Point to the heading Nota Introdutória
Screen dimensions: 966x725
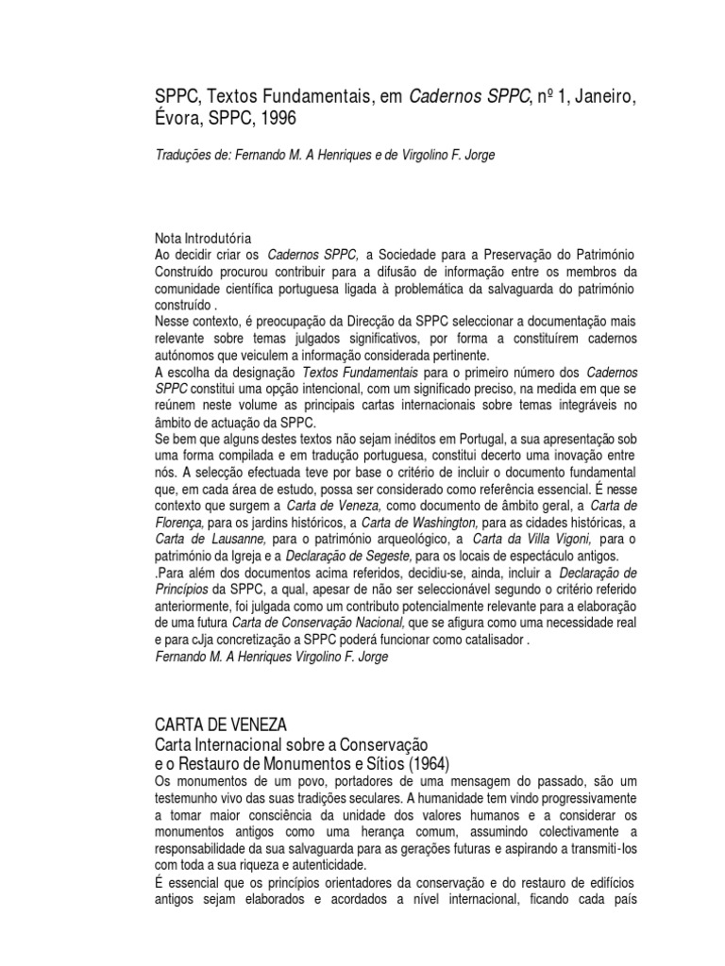[x=203, y=239]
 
